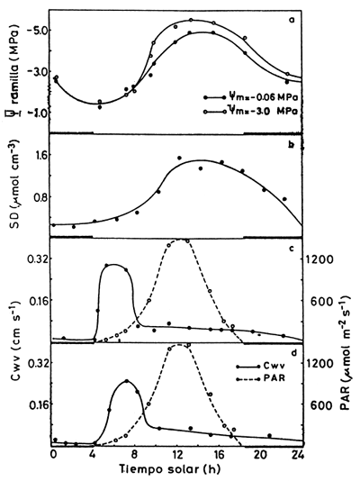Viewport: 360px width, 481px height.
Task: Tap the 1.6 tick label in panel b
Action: (x=34, y=155)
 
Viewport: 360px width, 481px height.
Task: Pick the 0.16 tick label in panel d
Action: (x=31, y=405)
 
